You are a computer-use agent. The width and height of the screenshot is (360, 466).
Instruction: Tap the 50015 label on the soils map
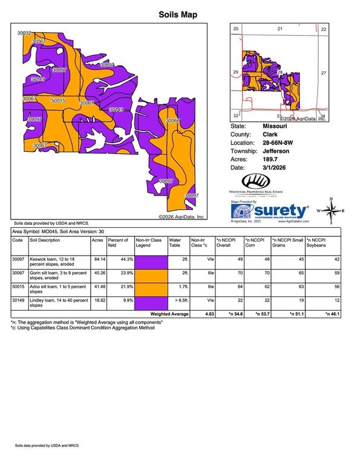click(x=59, y=101)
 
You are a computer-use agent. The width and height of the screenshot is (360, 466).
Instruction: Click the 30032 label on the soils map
click(x=24, y=34)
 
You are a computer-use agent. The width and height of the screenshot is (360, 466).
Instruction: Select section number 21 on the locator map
click(x=280, y=29)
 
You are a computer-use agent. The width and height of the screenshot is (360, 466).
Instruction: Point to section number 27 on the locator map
click(x=323, y=73)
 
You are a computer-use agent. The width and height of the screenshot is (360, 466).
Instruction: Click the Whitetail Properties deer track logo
click(x=256, y=181)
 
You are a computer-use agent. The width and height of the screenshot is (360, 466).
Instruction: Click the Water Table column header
click(x=175, y=243)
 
